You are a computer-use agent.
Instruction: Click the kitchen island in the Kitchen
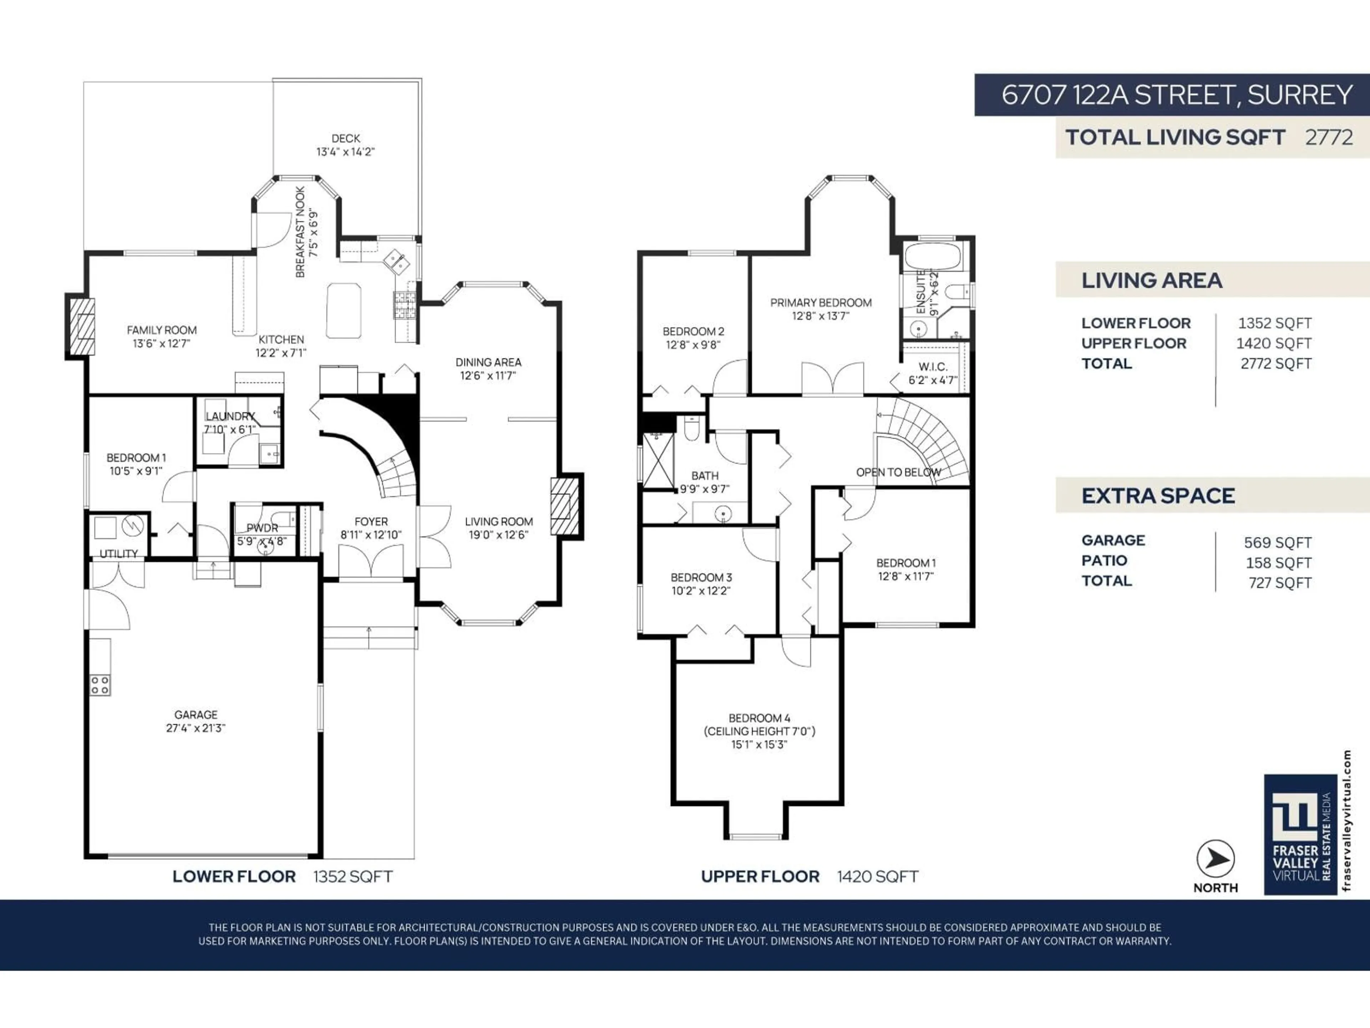(x=343, y=311)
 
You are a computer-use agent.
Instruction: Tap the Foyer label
(x=371, y=522)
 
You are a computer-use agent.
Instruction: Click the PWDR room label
(x=262, y=528)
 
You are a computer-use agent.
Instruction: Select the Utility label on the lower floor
(x=118, y=553)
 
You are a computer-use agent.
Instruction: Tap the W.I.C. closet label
(x=933, y=367)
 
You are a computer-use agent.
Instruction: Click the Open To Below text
(x=898, y=472)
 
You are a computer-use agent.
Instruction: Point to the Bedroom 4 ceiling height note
(x=759, y=731)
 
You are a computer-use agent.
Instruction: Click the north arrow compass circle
(x=1215, y=859)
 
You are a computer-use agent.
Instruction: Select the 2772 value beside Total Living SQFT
(x=1329, y=137)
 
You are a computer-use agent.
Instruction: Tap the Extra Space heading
(x=1158, y=496)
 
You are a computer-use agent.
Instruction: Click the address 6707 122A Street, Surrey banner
(x=1176, y=95)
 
